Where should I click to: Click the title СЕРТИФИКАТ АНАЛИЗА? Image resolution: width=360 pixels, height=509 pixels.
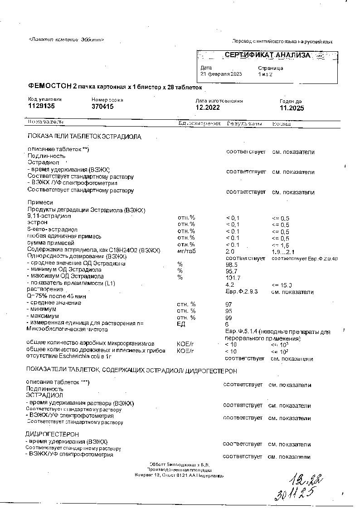268,55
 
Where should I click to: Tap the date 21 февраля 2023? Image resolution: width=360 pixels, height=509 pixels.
221,74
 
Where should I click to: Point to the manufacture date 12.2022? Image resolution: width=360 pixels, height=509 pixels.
208,108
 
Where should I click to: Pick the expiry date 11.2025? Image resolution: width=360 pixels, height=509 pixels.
292,108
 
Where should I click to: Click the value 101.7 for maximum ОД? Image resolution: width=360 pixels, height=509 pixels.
233,277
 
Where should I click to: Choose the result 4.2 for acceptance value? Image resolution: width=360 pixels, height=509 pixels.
229,284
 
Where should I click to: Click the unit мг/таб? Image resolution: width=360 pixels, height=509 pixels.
186,251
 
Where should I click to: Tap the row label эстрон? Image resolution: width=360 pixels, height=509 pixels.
37,223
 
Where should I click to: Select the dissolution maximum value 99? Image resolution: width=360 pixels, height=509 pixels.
229,318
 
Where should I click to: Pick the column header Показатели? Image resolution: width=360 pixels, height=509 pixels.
46,122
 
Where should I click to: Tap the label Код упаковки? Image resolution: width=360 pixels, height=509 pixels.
44,99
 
